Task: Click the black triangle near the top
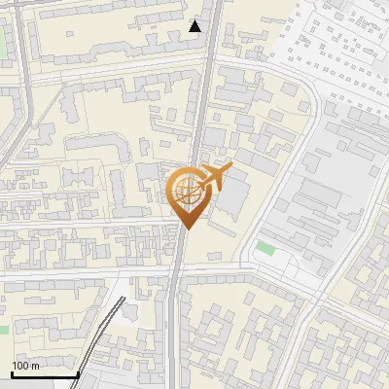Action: [x=195, y=26]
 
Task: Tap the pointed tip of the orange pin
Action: [x=185, y=229]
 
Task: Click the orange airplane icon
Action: [x=215, y=176]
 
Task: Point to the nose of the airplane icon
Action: [x=230, y=167]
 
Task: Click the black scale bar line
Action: [x=45, y=375]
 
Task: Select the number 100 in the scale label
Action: [x=19, y=366]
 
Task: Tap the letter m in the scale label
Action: [x=35, y=367]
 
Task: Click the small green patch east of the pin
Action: [x=265, y=249]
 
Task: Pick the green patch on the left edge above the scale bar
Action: [x=3, y=330]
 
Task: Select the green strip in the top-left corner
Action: [x=3, y=44]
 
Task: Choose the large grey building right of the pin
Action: [x=233, y=199]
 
